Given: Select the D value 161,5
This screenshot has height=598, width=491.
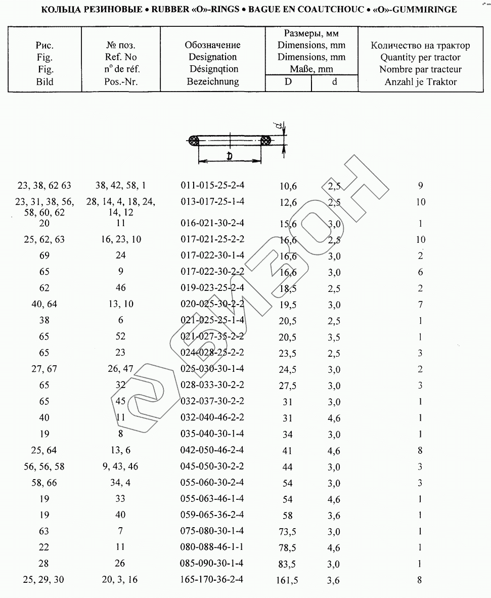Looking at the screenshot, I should click(x=287, y=580).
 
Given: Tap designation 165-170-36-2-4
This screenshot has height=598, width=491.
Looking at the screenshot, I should click(x=212, y=579).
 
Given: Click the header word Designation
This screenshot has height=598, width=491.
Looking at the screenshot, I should click(x=212, y=57).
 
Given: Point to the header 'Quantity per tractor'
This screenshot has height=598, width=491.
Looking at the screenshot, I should click(x=420, y=57).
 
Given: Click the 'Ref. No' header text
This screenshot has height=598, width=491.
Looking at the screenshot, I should click(x=121, y=57).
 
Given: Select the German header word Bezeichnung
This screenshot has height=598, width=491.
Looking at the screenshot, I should click(x=212, y=81).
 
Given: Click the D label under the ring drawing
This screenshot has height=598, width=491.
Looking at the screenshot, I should click(x=230, y=156).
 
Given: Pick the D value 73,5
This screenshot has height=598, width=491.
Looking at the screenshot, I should click(x=287, y=532).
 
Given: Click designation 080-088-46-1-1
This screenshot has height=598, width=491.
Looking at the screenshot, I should click(x=212, y=547).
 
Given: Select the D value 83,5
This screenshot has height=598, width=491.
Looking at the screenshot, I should click(x=287, y=564).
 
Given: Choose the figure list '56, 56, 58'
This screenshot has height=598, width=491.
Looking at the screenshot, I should click(x=44, y=466).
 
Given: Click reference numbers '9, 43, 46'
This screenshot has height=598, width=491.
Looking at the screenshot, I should click(x=120, y=466).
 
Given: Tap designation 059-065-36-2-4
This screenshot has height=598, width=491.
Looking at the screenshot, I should click(x=212, y=515).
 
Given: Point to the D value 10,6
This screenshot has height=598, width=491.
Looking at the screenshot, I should click(x=288, y=186).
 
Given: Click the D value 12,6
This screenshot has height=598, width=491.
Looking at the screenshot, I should click(x=288, y=202).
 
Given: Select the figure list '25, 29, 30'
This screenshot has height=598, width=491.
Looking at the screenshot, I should click(x=44, y=580).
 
